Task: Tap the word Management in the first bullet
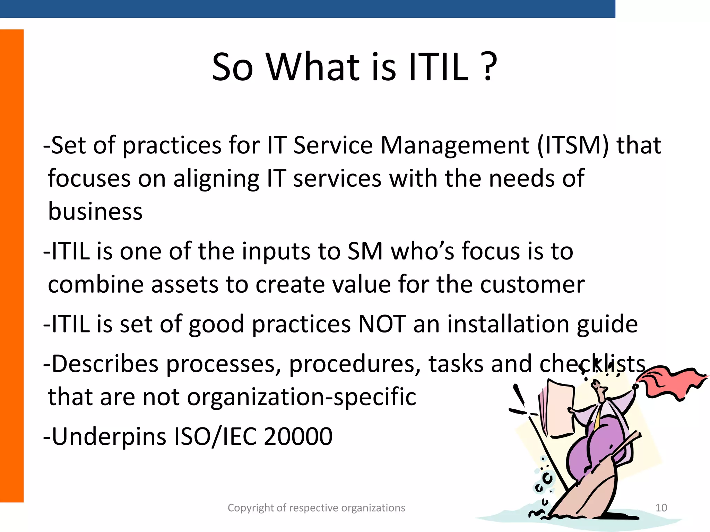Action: click(x=454, y=145)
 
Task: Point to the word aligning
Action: click(x=216, y=179)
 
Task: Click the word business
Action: click(x=95, y=211)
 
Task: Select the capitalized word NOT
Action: click(x=382, y=324)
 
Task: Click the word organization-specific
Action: click(x=302, y=397)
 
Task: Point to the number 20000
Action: click(x=298, y=436)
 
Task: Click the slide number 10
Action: click(x=661, y=508)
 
